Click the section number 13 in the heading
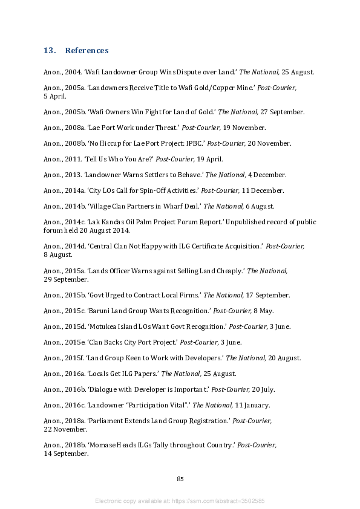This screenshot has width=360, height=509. (49, 50)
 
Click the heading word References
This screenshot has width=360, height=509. (87, 50)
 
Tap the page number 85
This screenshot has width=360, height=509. (180, 479)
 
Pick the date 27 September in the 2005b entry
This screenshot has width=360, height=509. (283, 112)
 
